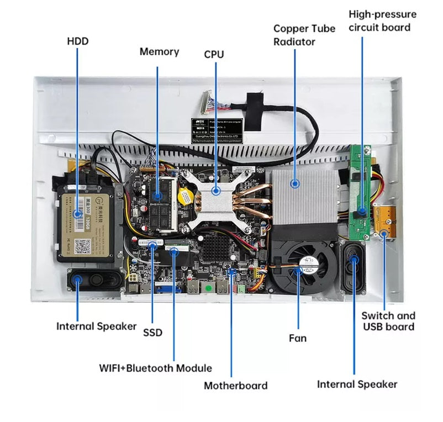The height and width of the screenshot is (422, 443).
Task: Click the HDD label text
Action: click(77, 41)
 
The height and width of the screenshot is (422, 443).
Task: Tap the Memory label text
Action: click(159, 52)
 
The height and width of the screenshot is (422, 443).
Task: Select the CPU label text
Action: click(215, 54)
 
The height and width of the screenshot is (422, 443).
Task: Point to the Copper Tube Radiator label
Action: click(304, 35)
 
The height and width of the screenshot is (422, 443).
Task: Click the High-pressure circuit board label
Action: click(382, 20)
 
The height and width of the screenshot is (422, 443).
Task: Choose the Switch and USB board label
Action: click(388, 321)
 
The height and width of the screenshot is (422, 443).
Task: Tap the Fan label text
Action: click(298, 337)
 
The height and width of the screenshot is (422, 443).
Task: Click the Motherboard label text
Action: click(235, 386)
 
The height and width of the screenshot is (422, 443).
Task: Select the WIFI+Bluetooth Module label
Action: click(155, 368)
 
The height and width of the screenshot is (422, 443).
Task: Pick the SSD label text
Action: click(152, 332)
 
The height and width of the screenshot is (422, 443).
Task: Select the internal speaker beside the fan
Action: click(353, 267)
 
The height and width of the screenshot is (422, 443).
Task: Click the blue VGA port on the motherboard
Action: click(166, 287)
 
